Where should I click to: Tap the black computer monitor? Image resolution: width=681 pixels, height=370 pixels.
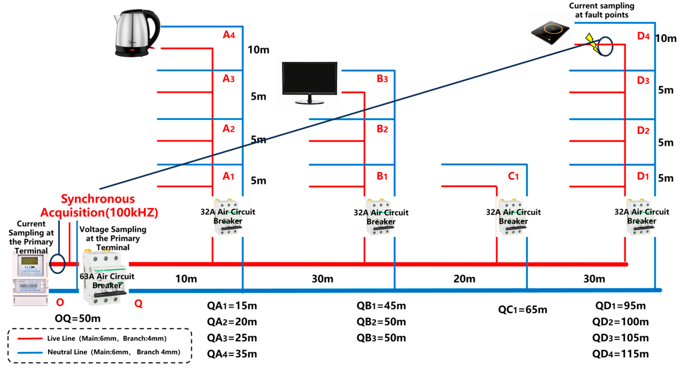click(x=309, y=82)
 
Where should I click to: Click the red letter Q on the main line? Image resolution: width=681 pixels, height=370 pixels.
click(x=138, y=304)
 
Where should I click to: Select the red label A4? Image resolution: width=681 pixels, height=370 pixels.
click(x=229, y=35)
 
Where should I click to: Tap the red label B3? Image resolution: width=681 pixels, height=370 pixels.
click(x=382, y=79)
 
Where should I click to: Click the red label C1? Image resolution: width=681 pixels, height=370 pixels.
click(x=513, y=176)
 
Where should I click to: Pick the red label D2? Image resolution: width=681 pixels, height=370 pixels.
click(x=643, y=130)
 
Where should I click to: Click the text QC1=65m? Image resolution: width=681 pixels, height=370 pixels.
click(x=522, y=309)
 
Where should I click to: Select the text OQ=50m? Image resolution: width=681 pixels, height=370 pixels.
click(x=77, y=318)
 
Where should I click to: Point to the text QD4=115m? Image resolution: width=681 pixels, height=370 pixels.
click(x=620, y=354)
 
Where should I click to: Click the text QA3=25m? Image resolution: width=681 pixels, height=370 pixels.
click(x=232, y=338)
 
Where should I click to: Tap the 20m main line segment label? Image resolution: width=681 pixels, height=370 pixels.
click(x=464, y=279)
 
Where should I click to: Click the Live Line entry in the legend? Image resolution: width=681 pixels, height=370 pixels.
click(x=92, y=338)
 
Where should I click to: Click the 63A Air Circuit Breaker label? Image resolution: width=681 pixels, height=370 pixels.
click(x=107, y=281)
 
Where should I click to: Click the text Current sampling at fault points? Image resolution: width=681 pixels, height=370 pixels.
click(x=601, y=10)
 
